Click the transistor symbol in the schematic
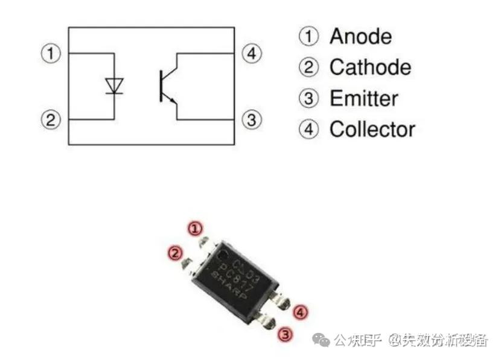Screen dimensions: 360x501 [x=166, y=86]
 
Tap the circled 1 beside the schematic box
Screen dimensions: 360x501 [x=51, y=53]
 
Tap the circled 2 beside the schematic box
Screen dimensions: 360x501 [x=51, y=119]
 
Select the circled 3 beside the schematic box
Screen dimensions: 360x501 [x=251, y=119]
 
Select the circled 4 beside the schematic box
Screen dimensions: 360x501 [x=251, y=53]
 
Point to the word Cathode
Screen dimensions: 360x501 [x=370, y=67]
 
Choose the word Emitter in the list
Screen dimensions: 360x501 [x=363, y=98]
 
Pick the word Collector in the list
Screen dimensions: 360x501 [x=372, y=129]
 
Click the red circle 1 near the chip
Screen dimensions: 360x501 [x=194, y=229]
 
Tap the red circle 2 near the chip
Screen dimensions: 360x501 [x=175, y=253]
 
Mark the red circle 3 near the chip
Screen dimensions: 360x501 [x=286, y=334]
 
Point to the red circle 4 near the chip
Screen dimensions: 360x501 [x=300, y=312]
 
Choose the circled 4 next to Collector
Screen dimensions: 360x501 [x=308, y=129]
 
